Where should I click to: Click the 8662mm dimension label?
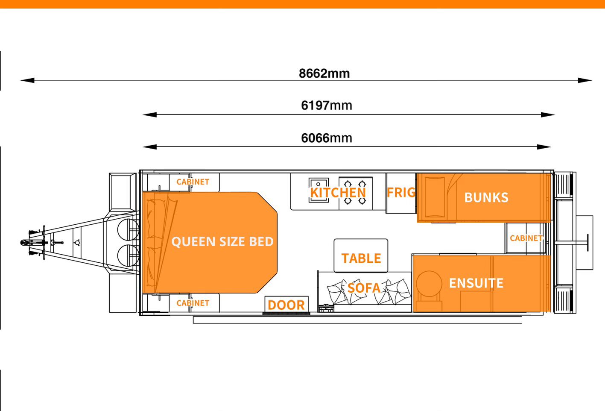tap(324, 73)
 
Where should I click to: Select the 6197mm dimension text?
tap(327, 106)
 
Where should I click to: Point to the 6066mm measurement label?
tap(327, 138)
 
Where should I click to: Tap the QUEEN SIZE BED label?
tap(222, 242)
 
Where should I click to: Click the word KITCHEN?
tap(338, 193)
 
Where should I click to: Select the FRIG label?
tap(401, 193)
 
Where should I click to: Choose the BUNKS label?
tap(486, 197)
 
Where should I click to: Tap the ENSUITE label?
tap(476, 283)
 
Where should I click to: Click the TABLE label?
tap(361, 258)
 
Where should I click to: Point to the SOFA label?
tap(364, 288)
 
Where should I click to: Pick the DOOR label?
tap(286, 305)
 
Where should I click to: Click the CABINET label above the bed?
tap(193, 182)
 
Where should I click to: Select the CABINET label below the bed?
tap(193, 303)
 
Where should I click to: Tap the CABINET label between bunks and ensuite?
tap(526, 238)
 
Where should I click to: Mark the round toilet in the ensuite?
tap(429, 283)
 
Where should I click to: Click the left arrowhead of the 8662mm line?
tap(26, 80)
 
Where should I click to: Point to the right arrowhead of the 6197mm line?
tap(548, 114)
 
